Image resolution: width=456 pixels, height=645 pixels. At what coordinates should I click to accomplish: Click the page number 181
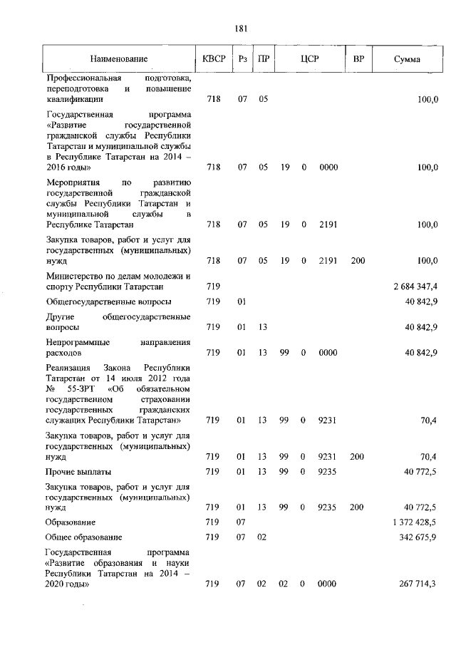240,29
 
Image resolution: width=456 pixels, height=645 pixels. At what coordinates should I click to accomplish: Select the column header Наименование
118,59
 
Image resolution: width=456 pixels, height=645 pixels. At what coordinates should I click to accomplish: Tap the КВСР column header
213,59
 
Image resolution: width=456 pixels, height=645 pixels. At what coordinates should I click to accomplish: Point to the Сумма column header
407,59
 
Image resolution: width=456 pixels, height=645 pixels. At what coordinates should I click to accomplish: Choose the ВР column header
358,59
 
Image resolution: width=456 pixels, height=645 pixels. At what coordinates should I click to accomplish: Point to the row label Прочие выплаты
78,472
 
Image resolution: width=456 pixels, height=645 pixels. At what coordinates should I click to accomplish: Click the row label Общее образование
83,537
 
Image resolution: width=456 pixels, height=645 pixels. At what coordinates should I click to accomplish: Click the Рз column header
243,59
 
